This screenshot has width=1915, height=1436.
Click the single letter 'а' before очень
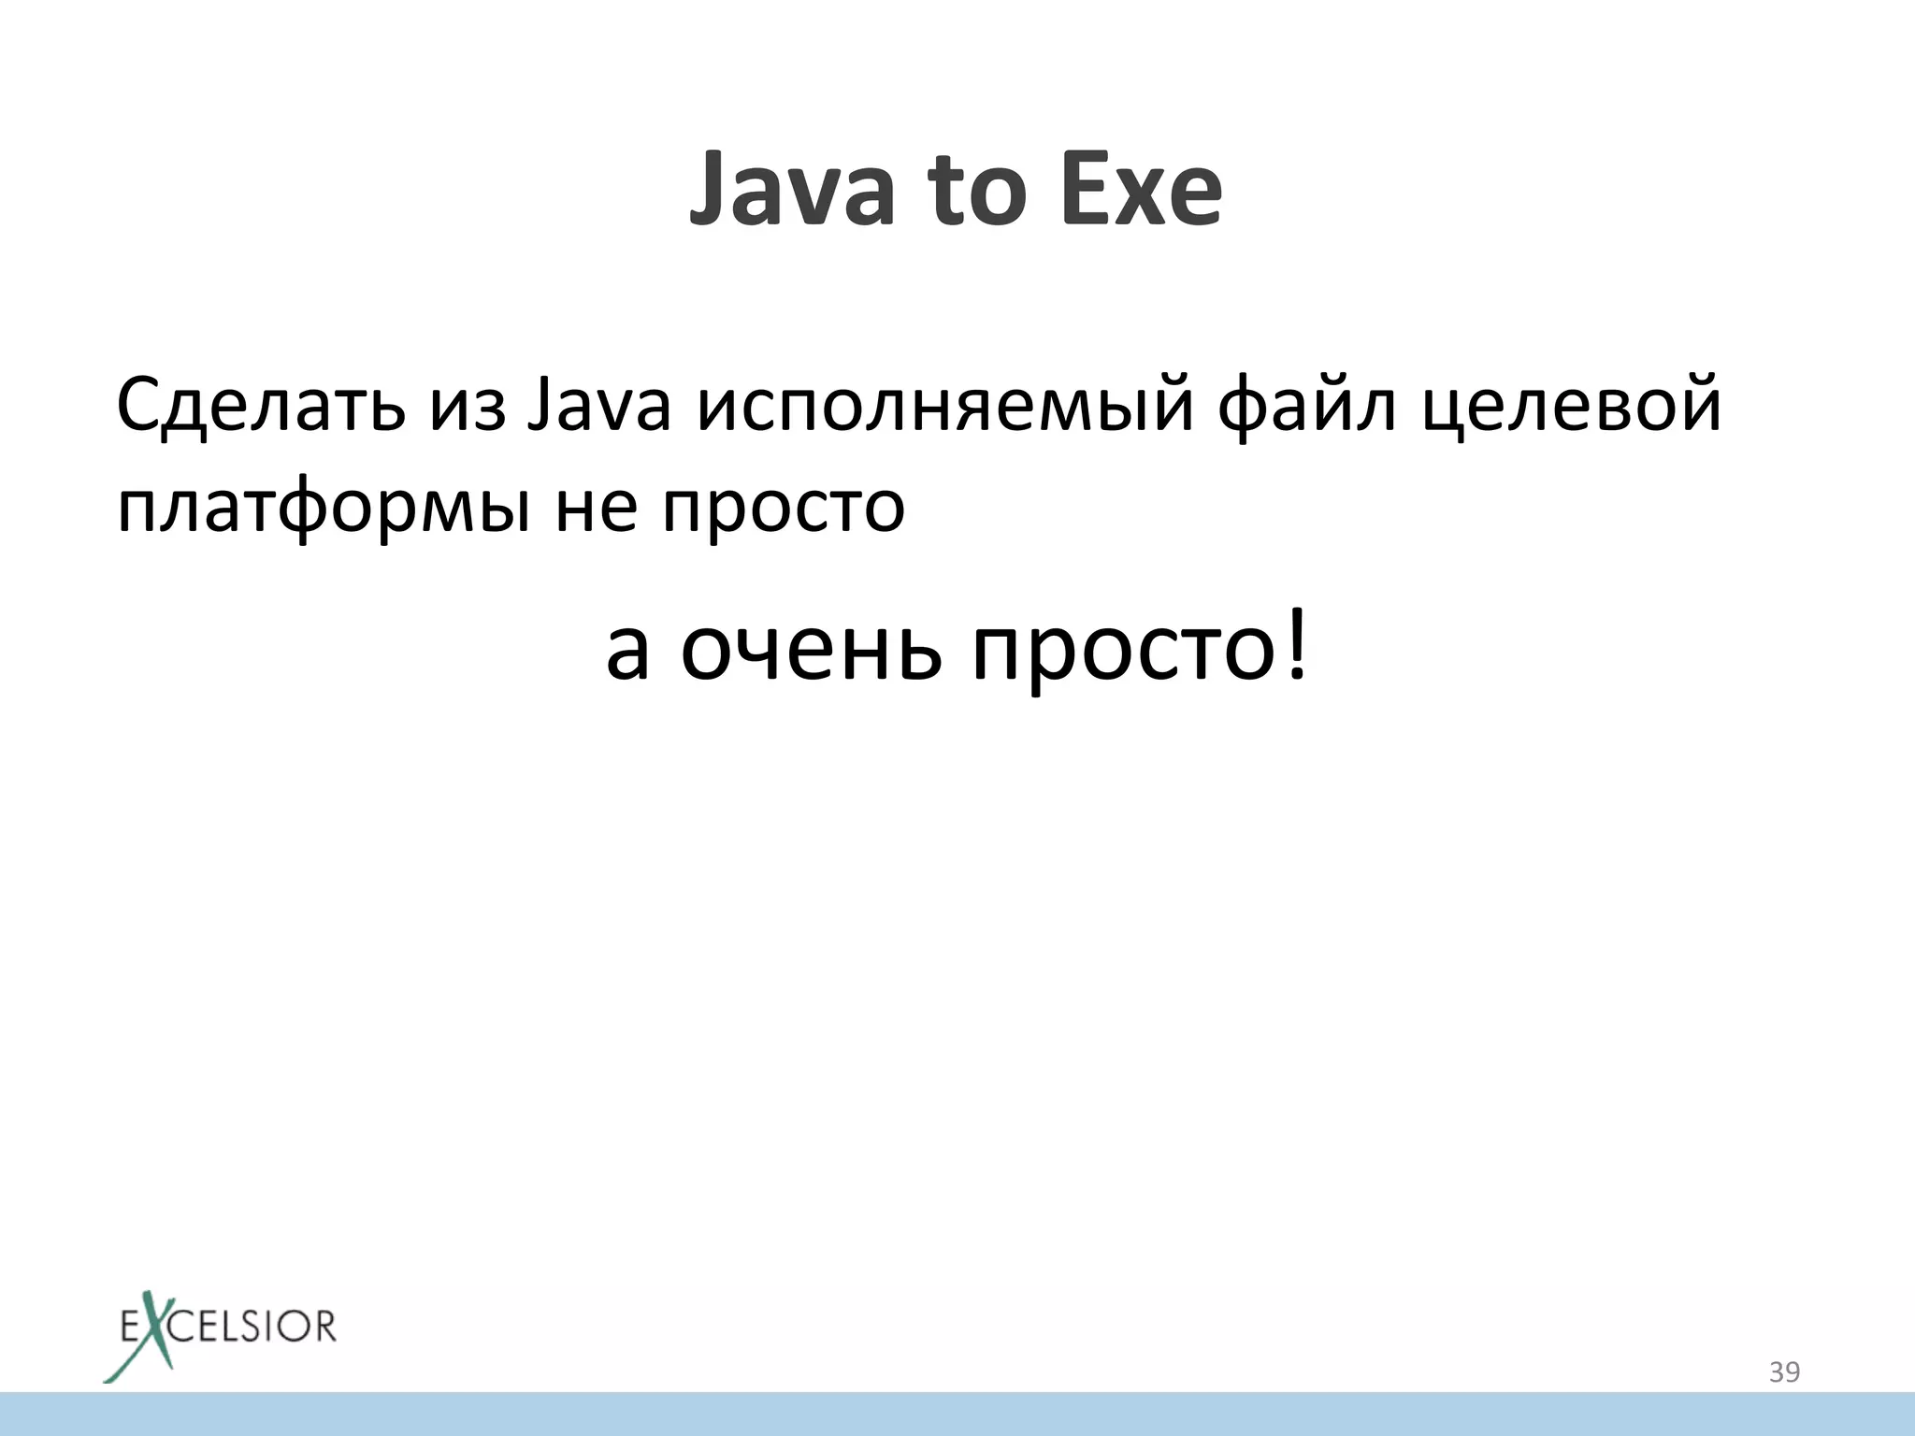627,650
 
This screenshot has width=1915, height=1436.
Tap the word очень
810,650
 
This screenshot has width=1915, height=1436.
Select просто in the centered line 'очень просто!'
1122,650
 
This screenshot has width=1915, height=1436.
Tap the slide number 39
1784,1372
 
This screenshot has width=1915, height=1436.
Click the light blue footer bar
957,1414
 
